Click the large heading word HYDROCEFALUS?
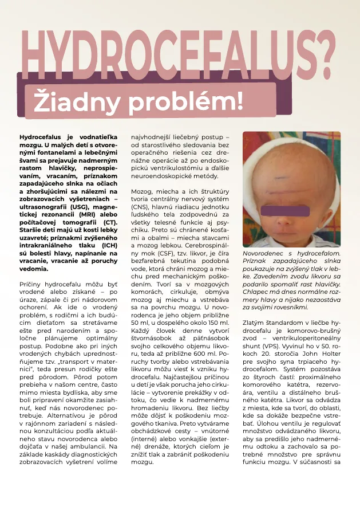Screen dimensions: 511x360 [x=178, y=54]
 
